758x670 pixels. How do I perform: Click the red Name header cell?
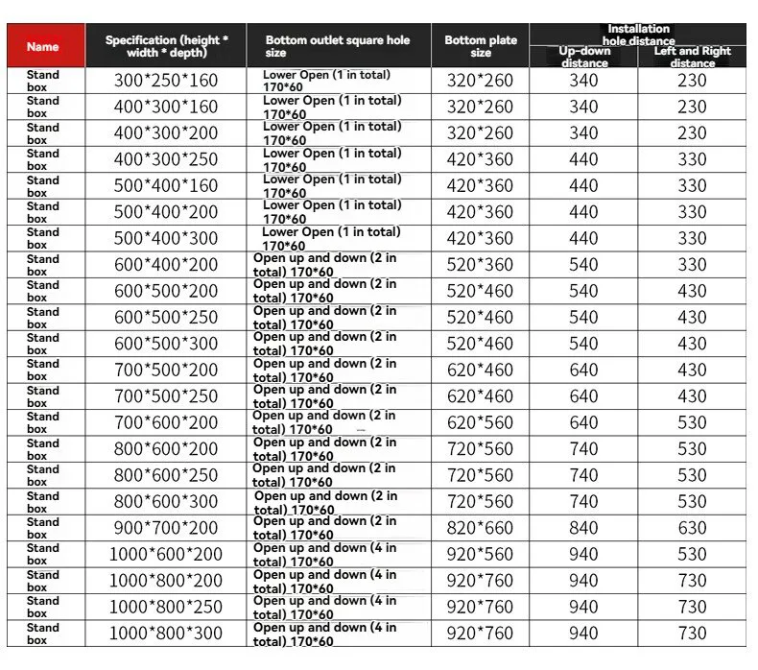pos(42,46)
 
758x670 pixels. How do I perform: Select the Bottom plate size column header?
pos(481,46)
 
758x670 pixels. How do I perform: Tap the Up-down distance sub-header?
pos(584,57)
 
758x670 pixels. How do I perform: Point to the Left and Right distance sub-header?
pos(692,57)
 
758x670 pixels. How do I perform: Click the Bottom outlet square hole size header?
pos(338,46)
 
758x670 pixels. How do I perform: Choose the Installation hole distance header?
pos(638,35)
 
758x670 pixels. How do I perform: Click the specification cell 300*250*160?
pos(166,81)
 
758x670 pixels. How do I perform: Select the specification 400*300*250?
pos(166,159)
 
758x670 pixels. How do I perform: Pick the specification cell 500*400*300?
pos(166,238)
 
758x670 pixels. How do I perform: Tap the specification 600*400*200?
pos(166,265)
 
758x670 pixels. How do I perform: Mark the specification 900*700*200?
pos(166,528)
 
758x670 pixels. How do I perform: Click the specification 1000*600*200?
pos(166,554)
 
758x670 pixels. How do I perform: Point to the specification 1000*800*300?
pos(166,634)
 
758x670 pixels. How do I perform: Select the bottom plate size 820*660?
pos(481,528)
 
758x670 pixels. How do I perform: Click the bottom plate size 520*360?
pos(481,265)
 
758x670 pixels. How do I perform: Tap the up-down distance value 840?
pos(584,528)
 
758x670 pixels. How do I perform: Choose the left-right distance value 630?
pos(692,528)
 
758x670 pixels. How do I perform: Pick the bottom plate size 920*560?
pos(481,554)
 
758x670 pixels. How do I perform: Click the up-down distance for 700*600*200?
pos(584,422)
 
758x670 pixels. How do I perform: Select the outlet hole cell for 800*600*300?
pos(326,502)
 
